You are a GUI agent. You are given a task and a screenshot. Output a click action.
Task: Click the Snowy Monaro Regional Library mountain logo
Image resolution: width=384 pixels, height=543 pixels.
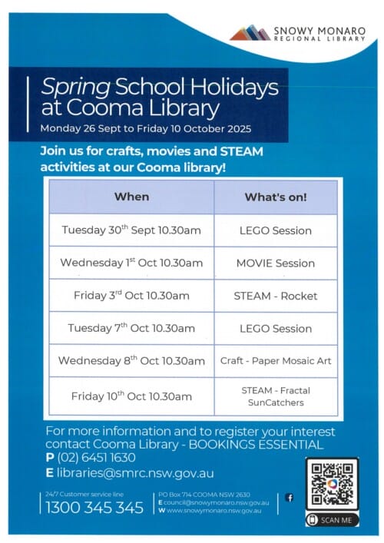coord(250,32)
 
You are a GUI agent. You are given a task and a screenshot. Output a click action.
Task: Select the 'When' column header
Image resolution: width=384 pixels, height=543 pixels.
coord(131,197)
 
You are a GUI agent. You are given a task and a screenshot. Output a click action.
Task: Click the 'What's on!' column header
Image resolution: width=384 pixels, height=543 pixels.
coord(276,197)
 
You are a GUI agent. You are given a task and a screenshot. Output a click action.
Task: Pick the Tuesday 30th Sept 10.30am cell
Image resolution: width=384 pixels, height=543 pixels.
coord(131,230)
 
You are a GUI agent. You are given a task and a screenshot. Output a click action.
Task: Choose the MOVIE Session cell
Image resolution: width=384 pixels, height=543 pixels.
coord(276,263)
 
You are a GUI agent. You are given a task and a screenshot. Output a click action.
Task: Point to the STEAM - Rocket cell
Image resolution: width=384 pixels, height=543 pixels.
coord(276,296)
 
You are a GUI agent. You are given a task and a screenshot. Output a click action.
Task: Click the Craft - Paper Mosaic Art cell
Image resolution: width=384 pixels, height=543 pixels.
coord(276,361)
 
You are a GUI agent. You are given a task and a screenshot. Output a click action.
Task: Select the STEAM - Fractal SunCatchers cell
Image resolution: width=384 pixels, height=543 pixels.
coord(276,396)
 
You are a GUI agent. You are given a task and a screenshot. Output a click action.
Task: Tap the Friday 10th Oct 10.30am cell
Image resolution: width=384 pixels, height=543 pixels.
coord(131,396)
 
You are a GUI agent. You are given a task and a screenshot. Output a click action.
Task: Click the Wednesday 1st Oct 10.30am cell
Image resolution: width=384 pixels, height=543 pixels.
coord(131,263)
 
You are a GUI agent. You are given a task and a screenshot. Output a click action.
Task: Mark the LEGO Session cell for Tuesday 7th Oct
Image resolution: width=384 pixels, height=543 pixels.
coord(276,329)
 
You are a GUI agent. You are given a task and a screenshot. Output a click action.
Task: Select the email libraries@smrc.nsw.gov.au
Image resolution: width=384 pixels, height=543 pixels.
coord(134,473)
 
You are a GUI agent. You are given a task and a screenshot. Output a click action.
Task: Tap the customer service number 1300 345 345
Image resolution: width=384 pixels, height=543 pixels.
coord(94,507)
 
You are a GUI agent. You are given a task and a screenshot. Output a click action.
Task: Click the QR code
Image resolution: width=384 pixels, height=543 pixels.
coord(332,485)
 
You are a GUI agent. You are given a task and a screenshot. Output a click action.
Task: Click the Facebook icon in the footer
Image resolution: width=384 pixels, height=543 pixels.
coord(290,498)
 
